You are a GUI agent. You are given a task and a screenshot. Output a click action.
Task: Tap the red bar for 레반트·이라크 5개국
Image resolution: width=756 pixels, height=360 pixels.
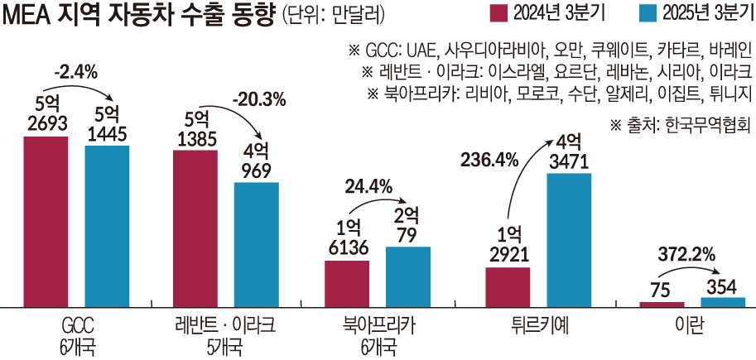[x=195, y=228]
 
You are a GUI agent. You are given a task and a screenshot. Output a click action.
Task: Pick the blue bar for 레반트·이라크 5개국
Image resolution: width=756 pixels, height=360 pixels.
[x=257, y=243]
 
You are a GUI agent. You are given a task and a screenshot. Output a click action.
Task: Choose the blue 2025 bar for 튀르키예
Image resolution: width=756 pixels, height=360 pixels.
[x=569, y=239]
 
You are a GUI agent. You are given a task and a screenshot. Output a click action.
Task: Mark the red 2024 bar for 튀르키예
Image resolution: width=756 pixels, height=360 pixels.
[x=508, y=286]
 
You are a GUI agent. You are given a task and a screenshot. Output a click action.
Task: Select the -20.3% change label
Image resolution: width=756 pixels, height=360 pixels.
[x=258, y=99]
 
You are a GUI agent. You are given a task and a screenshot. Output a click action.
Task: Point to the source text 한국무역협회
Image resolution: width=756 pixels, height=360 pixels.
[x=713, y=125]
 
